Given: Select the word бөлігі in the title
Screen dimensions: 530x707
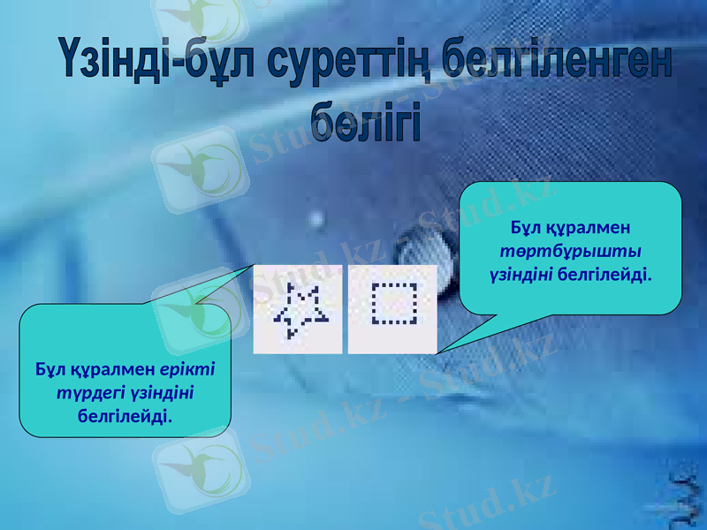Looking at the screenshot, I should [x=365, y=121].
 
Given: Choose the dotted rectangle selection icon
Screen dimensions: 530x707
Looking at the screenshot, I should [x=393, y=308].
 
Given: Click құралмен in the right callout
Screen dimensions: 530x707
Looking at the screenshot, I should [x=592, y=229].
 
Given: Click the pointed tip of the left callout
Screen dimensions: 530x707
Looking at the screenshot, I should [x=256, y=263].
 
